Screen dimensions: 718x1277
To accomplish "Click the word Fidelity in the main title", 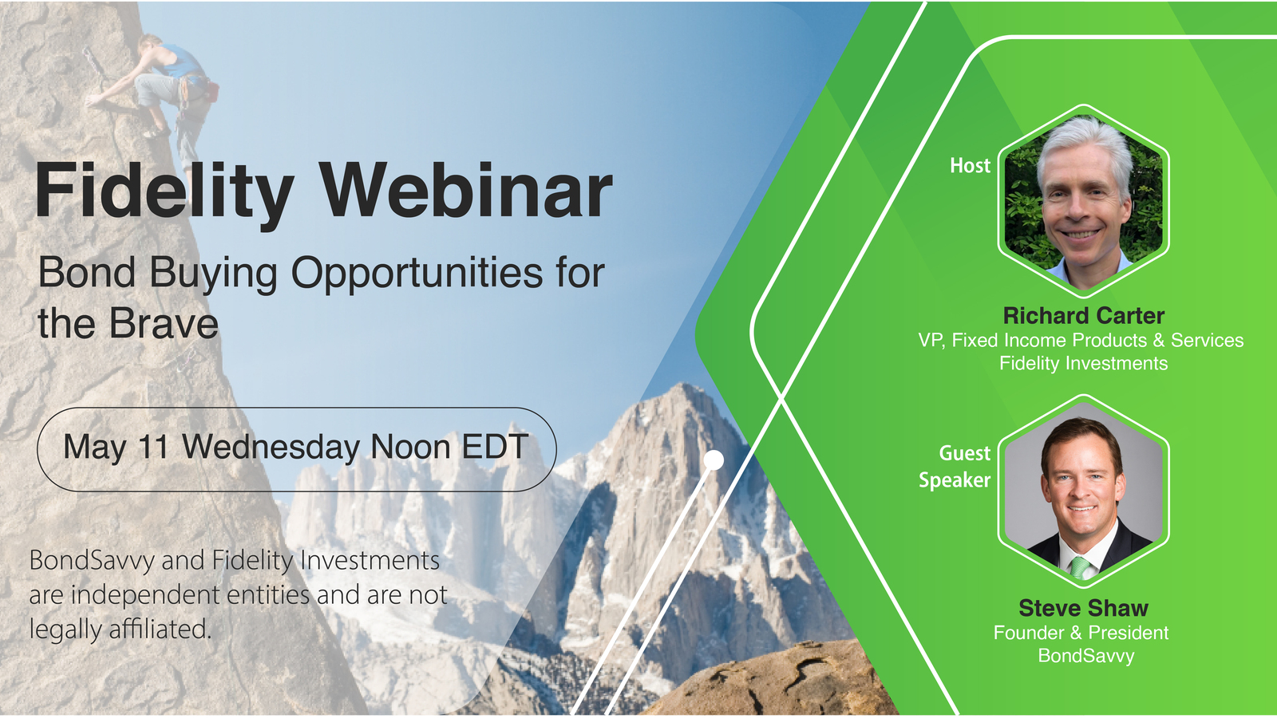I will click(164, 191).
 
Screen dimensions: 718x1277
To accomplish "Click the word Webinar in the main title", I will click(467, 191).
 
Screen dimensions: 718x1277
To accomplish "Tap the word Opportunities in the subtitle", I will click(417, 274).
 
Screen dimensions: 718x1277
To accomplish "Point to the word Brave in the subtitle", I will click(163, 324).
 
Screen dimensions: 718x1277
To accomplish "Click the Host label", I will click(970, 165).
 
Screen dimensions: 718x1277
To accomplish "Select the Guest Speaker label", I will click(956, 467).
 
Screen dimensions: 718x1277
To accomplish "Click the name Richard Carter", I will click(1083, 316).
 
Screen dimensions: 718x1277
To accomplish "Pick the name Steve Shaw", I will click(1083, 608).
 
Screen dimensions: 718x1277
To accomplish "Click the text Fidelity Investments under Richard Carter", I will click(1083, 364).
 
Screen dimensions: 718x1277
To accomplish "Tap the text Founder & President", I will click(1081, 633).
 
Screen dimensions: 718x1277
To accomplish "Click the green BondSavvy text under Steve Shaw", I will click(1085, 656).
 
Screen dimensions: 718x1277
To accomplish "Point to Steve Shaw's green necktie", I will click(1080, 566).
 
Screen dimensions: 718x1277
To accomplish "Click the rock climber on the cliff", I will click(168, 88).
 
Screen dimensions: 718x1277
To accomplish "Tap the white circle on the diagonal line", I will click(714, 460).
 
